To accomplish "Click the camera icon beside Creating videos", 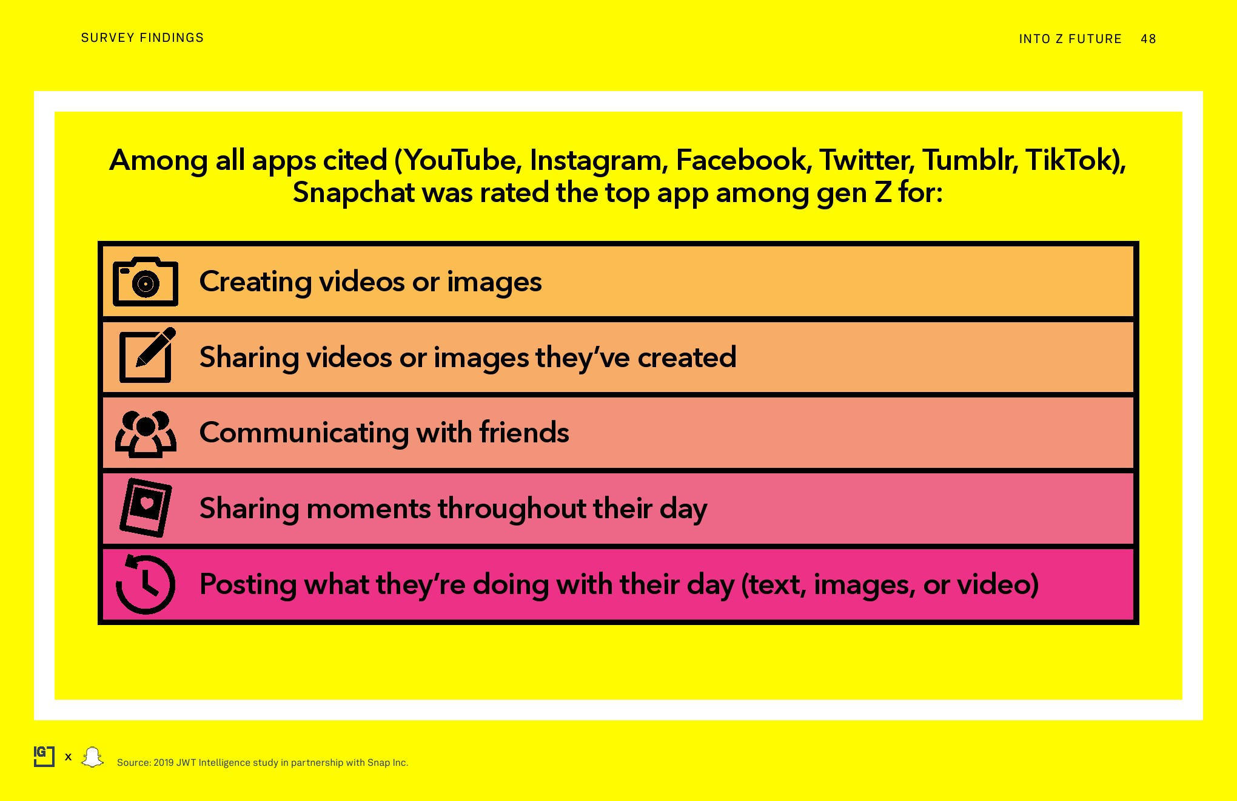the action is pos(146,282).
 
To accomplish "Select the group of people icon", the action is pos(146,434).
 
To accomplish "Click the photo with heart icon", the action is pos(146,507).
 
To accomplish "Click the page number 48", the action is pos(1148,39).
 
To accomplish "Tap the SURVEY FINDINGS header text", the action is pos(142,38).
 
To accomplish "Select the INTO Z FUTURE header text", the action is pos(1070,39).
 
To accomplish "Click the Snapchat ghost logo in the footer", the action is pos(93,757).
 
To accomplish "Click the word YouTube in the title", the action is pos(460,160).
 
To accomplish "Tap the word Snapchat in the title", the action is pos(354,193).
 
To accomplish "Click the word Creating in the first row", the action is pos(256,282).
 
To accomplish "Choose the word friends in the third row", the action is pos(524,433).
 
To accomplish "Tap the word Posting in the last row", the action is pos(248,585).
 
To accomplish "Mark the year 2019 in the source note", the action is pos(163,763).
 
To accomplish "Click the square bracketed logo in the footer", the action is pos(44,757).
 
